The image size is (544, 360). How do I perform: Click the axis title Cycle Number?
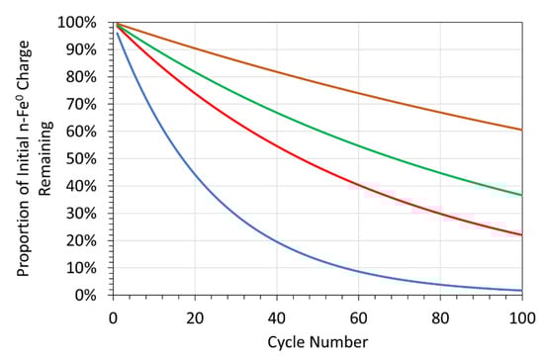pyautogui.click(x=316, y=341)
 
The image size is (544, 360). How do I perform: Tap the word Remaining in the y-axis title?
pyautogui.click(x=46, y=158)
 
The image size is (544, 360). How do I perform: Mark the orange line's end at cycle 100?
pyautogui.click(x=519, y=130)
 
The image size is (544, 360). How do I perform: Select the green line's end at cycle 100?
pyautogui.click(x=519, y=195)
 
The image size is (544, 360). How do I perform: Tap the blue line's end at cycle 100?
pyautogui.click(x=519, y=290)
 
